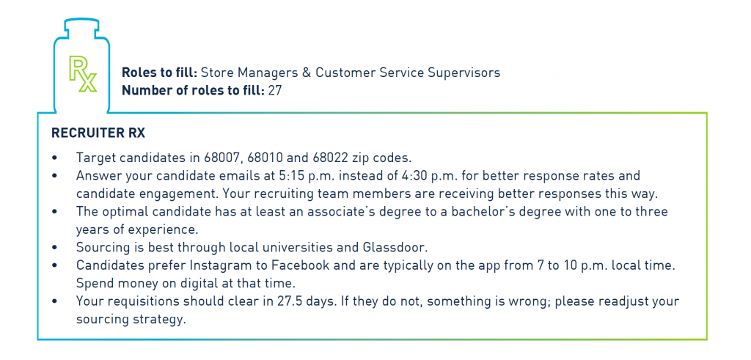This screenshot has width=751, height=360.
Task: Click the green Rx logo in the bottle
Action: [83, 73]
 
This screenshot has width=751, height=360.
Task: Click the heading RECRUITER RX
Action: [98, 133]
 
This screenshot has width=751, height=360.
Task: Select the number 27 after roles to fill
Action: [274, 90]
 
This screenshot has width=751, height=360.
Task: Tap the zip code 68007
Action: [220, 158]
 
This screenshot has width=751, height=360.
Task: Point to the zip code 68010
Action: [262, 158]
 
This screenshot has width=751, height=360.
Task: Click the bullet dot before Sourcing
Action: [56, 248]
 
